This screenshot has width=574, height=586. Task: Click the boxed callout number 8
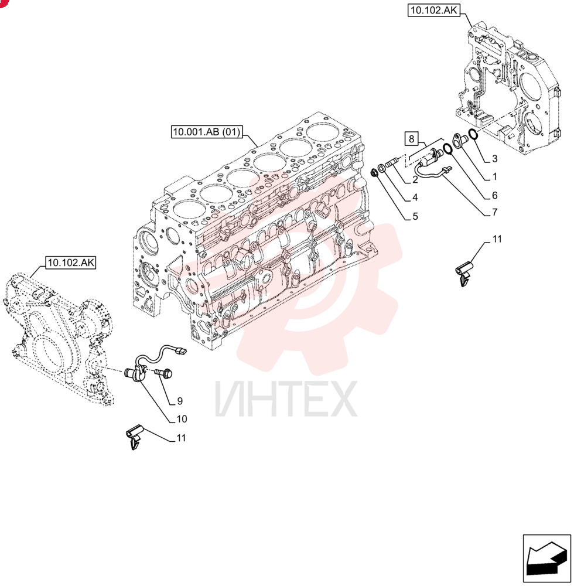tap(411, 139)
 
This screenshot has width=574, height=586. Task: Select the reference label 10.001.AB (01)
tap(207, 131)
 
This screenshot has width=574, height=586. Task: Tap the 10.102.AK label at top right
tap(433, 10)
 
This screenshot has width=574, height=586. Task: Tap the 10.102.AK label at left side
tap(71, 263)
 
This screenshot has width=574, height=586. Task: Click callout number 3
tap(495, 159)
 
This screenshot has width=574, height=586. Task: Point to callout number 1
tap(495, 176)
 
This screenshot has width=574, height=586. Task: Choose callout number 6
tap(495, 195)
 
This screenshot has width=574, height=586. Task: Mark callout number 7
tap(495, 212)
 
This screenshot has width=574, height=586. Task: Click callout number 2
tap(415, 180)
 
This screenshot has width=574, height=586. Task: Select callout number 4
tap(415, 197)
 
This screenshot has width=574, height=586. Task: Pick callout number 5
tap(415, 216)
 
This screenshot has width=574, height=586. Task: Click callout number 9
tap(180, 401)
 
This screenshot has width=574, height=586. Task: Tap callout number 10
tap(182, 419)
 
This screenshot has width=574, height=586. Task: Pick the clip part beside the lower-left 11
tap(134, 437)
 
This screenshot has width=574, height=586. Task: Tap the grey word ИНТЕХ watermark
tap(286, 398)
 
